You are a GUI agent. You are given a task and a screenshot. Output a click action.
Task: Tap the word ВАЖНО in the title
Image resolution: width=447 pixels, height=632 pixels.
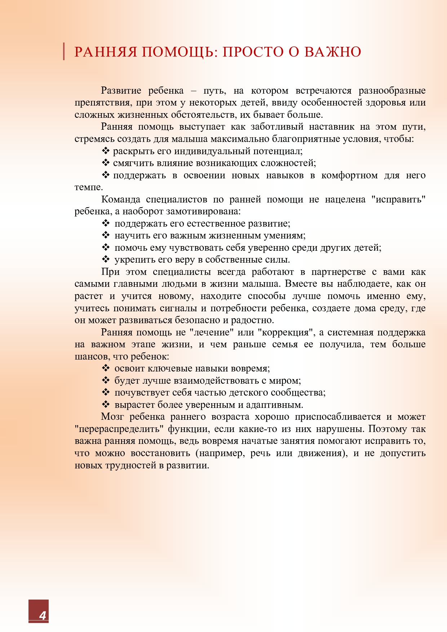pos(332,52)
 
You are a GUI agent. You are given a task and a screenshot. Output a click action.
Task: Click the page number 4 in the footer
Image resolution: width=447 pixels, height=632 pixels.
pos(43,615)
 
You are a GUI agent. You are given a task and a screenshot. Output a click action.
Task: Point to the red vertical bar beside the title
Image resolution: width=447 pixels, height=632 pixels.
pos(64,51)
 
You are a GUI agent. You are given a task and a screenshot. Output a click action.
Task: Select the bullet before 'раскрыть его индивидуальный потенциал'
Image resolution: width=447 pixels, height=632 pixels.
pos(106,151)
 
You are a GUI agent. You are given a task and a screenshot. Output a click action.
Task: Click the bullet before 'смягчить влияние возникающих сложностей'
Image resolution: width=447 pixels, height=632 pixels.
pos(106,163)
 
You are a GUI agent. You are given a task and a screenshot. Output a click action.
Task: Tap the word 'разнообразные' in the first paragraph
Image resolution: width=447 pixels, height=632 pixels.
pos(392,90)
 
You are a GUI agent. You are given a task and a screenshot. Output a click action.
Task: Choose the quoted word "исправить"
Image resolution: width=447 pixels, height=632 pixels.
pos(398,199)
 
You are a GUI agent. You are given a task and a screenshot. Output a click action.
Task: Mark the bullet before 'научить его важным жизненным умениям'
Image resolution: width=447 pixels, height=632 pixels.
pos(106,235)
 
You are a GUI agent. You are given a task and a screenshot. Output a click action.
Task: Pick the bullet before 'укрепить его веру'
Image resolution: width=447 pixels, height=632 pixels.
pos(106,259)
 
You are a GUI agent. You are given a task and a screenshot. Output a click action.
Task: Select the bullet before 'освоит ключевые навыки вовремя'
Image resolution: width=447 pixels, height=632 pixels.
pos(106,368)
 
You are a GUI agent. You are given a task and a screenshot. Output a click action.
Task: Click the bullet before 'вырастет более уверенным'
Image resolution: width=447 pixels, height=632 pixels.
pos(106,405)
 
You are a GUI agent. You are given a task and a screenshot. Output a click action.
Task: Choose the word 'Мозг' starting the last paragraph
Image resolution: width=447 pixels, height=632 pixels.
pos(112,417)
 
